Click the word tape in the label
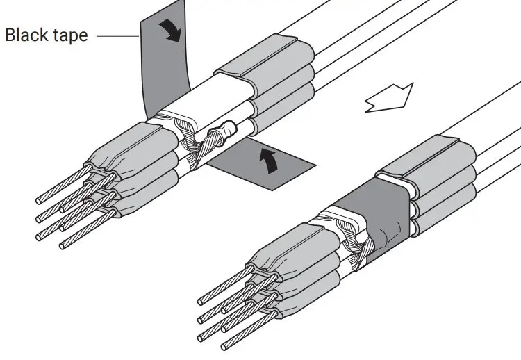point(69,35)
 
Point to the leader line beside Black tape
point(115,35)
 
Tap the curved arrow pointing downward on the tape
point(169,31)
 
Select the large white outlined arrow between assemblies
point(389,97)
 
